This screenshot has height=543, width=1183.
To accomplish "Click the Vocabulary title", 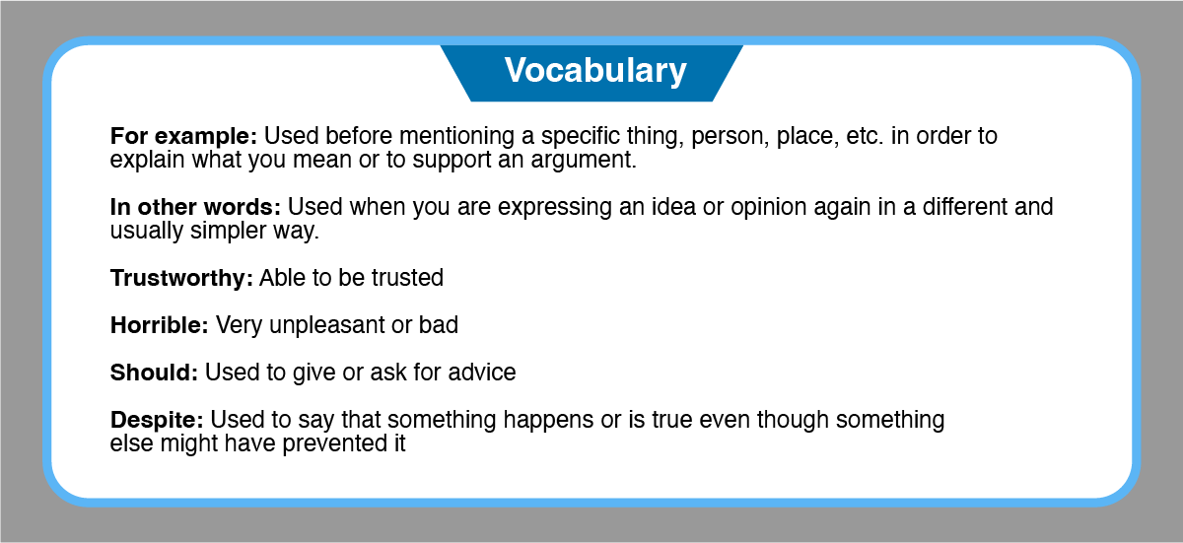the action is click(595, 71).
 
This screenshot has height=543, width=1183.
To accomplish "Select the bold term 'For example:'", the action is click(183, 137).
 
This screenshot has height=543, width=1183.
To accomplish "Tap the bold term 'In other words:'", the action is click(195, 207).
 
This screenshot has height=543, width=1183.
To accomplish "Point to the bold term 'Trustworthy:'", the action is click(181, 279).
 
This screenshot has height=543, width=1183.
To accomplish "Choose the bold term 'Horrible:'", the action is click(160, 325).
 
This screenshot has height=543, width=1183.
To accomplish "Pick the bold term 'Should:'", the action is click(154, 373).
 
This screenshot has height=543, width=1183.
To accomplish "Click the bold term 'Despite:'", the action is click(157, 421).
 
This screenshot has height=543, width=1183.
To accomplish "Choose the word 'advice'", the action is click(482, 373).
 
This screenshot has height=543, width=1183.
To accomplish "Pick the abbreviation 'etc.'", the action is click(866, 137).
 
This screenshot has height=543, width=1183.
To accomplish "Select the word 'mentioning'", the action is click(456, 137).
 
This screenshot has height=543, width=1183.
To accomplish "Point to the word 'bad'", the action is click(439, 325).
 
